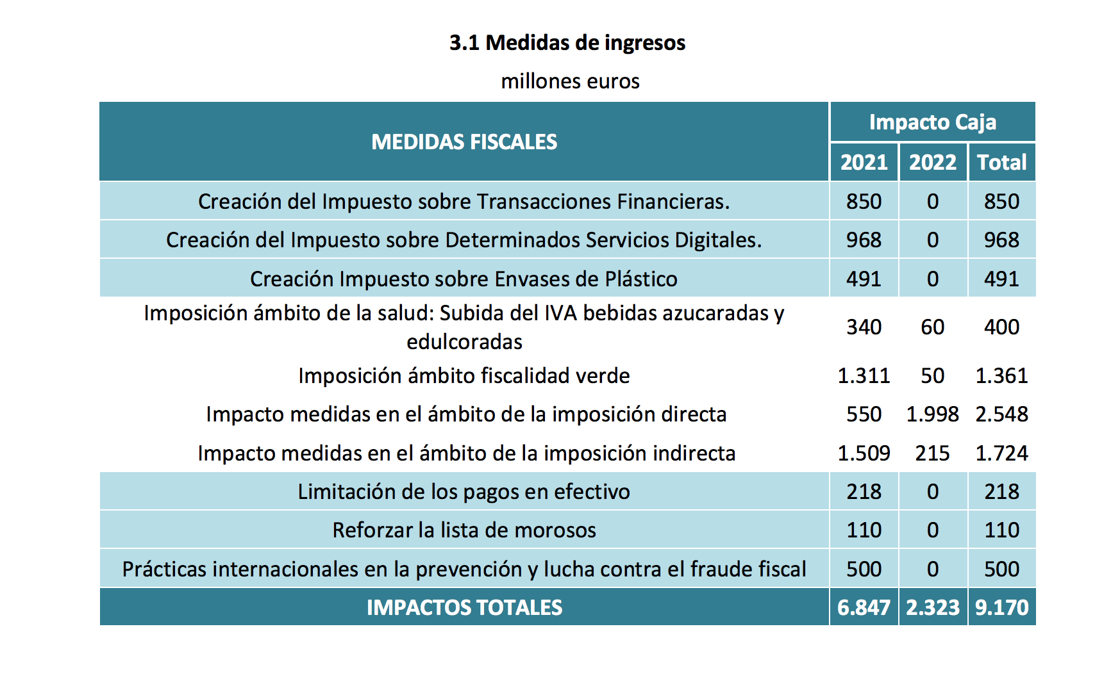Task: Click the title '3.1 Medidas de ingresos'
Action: click(567, 43)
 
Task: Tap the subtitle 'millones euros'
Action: click(570, 81)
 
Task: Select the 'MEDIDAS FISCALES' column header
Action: click(464, 142)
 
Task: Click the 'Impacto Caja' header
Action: click(932, 122)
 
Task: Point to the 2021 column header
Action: click(864, 162)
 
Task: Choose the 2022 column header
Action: click(932, 162)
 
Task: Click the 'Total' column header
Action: click(1001, 162)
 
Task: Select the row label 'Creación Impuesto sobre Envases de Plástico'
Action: click(464, 279)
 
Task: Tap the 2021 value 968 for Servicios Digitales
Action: click(864, 240)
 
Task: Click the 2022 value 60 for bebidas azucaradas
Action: click(932, 327)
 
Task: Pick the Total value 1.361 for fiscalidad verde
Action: click(1001, 376)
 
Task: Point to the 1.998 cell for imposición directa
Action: click(932, 414)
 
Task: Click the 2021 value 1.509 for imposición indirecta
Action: click(864, 454)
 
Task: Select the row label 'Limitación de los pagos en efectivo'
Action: click(464, 492)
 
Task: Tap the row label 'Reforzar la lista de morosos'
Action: click(464, 530)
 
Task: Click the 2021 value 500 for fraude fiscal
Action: click(864, 569)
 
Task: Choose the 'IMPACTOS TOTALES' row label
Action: click(464, 607)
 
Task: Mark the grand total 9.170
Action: click(1001, 607)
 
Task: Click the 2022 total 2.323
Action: click(932, 607)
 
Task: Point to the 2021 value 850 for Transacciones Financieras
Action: click(864, 202)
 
